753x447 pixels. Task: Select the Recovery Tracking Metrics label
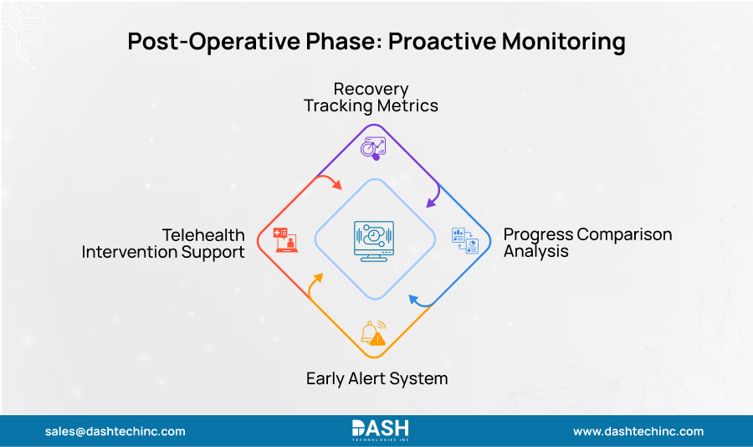tap(371, 97)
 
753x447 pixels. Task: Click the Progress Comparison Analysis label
tap(587, 242)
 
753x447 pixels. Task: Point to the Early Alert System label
tap(376, 378)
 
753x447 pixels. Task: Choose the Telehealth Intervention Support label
tap(163, 243)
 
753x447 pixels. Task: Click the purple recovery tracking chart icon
tap(372, 146)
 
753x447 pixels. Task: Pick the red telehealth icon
tap(285, 239)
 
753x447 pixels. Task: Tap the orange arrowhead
tap(315, 277)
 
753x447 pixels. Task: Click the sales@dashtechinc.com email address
tap(115, 431)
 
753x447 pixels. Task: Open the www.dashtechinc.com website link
tap(638, 431)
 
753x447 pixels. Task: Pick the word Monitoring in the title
tap(569, 42)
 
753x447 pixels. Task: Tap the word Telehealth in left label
tap(203, 234)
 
